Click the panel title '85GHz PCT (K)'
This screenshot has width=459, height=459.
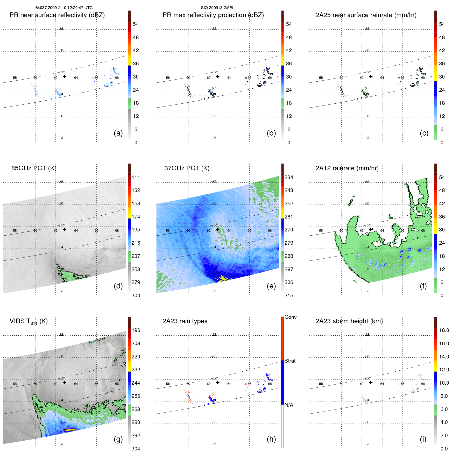(34, 168)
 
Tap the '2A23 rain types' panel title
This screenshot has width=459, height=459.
(185, 321)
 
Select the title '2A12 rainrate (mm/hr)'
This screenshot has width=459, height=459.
(347, 168)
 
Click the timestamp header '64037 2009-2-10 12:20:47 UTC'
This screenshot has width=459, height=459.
(64, 8)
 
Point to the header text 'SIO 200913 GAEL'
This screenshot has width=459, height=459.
(217, 8)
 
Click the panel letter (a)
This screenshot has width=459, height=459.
(118, 133)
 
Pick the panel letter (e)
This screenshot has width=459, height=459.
(271, 286)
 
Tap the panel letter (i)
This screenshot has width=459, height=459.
(423, 439)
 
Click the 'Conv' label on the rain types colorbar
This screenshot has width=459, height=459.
(290, 317)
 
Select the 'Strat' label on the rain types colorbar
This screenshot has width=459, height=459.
(290, 361)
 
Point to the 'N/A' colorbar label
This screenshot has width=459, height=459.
(289, 405)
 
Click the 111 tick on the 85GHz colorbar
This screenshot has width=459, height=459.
(136, 177)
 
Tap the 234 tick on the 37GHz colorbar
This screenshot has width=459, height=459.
(289, 177)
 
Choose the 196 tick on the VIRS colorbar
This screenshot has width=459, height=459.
(136, 330)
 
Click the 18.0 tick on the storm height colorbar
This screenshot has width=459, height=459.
(444, 330)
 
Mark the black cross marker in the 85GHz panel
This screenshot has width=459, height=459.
(65, 229)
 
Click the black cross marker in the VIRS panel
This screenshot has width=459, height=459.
(65, 382)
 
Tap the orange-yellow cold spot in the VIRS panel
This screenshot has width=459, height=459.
(69, 430)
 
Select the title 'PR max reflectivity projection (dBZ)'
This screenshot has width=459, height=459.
(213, 15)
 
